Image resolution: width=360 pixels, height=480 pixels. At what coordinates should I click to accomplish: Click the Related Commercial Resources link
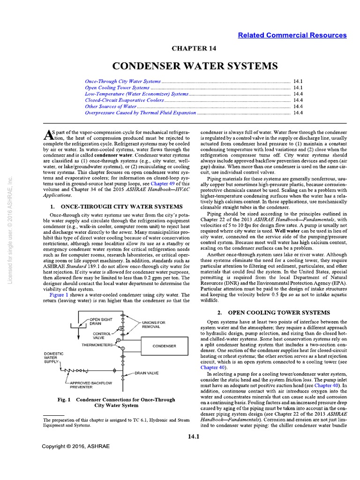(292, 35)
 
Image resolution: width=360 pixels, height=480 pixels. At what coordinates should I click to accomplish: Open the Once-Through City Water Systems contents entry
(123, 81)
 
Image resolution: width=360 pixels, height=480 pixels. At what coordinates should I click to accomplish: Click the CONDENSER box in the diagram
(164, 346)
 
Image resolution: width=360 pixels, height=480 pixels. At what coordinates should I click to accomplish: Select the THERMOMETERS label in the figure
(97, 345)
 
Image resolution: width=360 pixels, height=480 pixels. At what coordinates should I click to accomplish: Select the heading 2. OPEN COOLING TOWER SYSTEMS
(274, 312)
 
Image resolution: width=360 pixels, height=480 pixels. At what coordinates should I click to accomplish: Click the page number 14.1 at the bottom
(194, 437)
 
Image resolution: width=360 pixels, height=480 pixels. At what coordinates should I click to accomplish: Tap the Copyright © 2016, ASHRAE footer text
(75, 446)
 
